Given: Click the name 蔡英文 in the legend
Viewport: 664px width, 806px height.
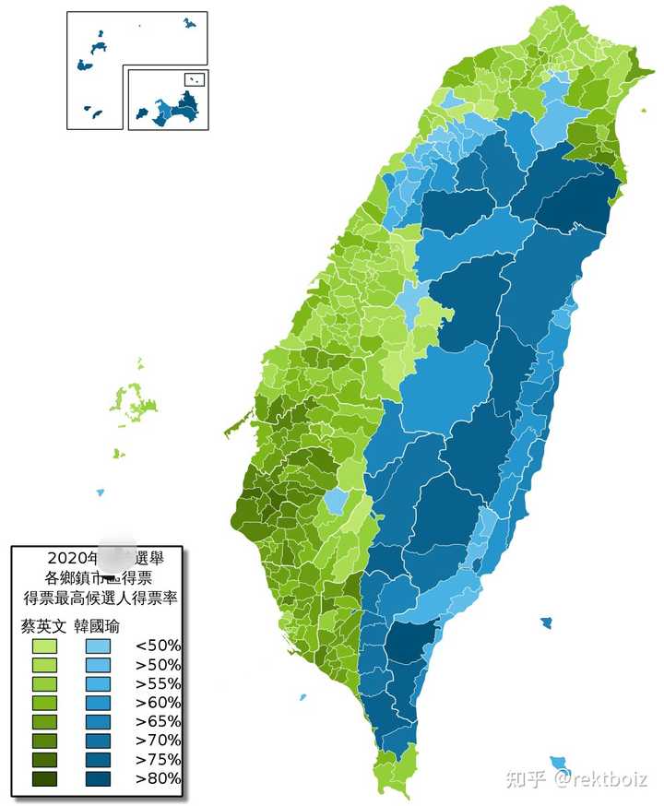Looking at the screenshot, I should [x=42, y=624].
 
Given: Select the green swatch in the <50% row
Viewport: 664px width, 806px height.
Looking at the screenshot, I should [x=43, y=646].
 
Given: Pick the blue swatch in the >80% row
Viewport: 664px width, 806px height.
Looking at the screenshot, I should [x=99, y=779].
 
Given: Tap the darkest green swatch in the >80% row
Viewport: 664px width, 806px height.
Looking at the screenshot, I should [x=43, y=779].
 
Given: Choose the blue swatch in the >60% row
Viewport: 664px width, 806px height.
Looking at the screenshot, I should [x=99, y=703].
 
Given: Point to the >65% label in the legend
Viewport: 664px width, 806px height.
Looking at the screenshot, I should [x=158, y=721].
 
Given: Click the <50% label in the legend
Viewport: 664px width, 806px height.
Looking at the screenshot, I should [x=158, y=646].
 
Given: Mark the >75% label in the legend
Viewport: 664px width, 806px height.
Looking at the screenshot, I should [x=158, y=760].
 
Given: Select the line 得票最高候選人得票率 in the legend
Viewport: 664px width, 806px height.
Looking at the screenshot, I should [x=101, y=598].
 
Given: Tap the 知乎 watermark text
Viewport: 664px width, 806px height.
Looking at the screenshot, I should [x=525, y=779].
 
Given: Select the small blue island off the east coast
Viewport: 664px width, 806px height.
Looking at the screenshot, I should [x=546, y=623].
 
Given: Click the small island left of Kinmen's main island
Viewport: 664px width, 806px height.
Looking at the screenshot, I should [x=142, y=113].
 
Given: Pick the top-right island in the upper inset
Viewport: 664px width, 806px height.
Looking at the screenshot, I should [x=189, y=22].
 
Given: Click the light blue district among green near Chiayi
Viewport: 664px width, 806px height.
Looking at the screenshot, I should [x=337, y=502].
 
